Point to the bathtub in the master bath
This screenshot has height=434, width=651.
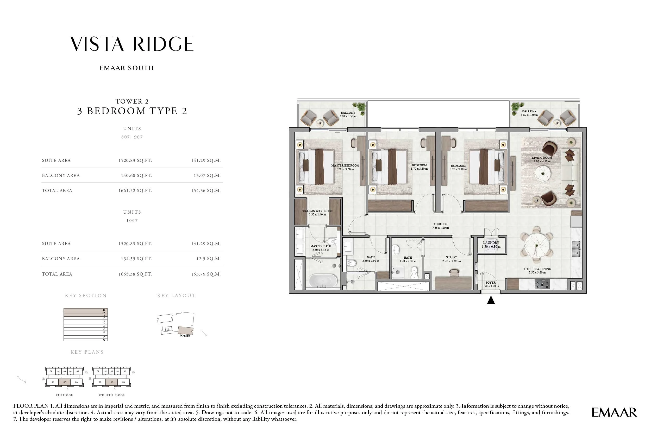click(323, 281)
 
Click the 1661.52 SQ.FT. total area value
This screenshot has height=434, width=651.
click(135, 190)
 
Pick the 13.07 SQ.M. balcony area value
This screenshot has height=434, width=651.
click(207, 175)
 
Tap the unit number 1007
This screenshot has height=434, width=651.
click(132, 221)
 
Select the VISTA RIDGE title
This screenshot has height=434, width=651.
click(132, 44)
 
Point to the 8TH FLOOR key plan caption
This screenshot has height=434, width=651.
click(64, 395)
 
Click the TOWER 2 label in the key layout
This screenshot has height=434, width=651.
click(185, 336)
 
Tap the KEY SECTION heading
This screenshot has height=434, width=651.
click(86, 296)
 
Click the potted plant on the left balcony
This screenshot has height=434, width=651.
click(360, 108)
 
